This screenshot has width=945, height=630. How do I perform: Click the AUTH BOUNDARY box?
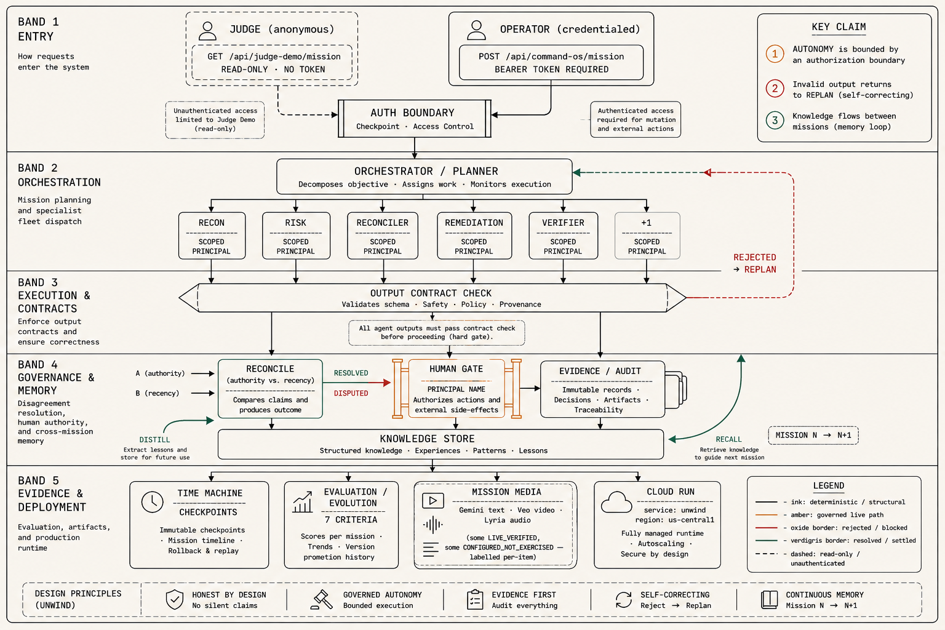(414, 119)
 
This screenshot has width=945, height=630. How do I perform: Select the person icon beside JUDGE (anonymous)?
(207, 31)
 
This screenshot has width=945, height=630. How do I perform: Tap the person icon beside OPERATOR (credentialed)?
(476, 30)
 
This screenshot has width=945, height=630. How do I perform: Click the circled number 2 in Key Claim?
(775, 89)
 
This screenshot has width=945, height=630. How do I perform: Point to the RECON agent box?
(212, 236)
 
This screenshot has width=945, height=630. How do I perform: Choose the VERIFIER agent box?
(563, 236)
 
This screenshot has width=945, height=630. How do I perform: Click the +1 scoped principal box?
(647, 236)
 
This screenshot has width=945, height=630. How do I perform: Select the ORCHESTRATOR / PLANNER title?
(426, 171)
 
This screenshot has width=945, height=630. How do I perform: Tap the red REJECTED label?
(755, 257)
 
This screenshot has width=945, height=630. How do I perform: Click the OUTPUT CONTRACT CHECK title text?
(431, 293)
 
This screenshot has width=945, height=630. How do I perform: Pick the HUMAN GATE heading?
(456, 369)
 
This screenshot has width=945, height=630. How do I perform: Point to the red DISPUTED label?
(351, 393)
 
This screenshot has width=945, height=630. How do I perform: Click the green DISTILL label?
(154, 440)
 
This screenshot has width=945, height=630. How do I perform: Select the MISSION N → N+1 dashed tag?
(813, 436)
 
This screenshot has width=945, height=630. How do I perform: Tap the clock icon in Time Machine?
(153, 502)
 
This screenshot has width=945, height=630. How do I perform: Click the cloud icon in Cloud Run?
(616, 502)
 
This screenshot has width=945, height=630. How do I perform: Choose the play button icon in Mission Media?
(433, 501)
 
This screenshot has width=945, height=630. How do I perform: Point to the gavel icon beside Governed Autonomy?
(322, 600)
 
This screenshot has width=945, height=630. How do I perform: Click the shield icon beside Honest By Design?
(175, 600)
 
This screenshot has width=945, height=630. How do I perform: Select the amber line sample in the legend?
(766, 515)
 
